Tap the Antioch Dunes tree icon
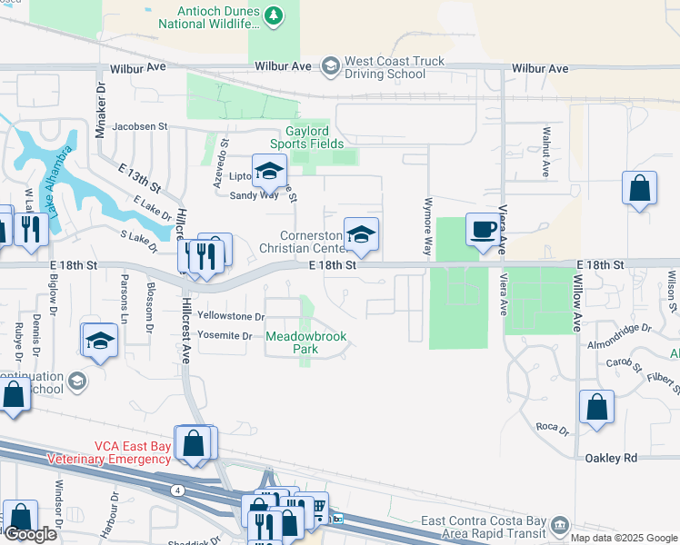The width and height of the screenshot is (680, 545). pos(273,15)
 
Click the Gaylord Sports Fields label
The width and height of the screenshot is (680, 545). pos(306,137)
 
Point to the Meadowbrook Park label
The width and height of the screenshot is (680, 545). pos(306,342)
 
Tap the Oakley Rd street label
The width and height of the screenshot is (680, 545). pos(608,459)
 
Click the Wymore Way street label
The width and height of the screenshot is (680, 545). pos(427,227)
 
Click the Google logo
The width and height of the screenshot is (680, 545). pos(30,534)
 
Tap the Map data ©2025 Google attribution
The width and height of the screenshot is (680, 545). pos(623,538)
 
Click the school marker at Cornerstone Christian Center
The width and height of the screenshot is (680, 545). pos(361,235)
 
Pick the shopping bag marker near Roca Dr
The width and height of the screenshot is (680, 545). pos(596,408)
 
